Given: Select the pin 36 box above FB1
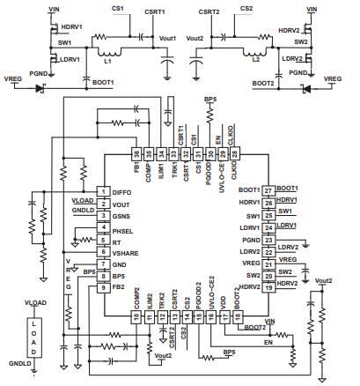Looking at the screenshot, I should click(x=136, y=152).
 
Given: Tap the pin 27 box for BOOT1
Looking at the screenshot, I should click(x=268, y=190).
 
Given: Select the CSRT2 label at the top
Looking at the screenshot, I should click(x=209, y=11).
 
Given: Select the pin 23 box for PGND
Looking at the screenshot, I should click(x=268, y=238).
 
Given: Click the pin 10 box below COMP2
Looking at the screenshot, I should click(x=136, y=315).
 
